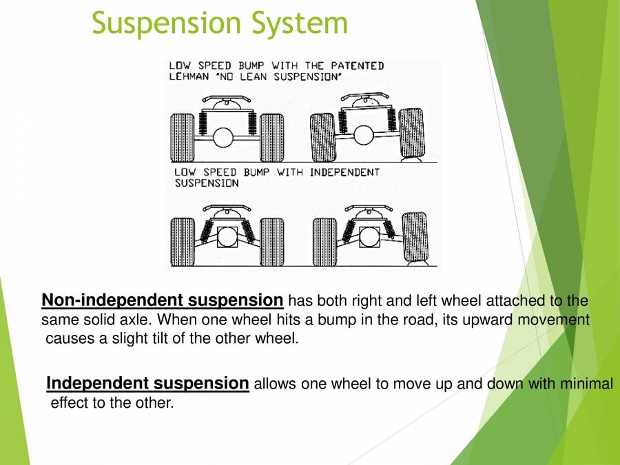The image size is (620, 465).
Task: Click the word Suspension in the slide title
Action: pyautogui.click(x=167, y=23)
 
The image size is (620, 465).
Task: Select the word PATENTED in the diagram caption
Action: pyautogui.click(x=354, y=66)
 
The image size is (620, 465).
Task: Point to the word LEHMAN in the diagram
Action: pyautogui.click(x=189, y=77)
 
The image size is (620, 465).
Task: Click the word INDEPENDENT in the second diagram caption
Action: pyautogui.click(x=344, y=172)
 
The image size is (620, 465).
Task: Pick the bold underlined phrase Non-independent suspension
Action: pyautogui.click(x=163, y=300)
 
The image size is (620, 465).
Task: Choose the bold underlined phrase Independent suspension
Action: pyautogui.click(x=147, y=384)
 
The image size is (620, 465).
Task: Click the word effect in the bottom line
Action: pyautogui.click(x=70, y=403)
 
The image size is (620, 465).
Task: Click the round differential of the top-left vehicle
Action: pyautogui.click(x=223, y=137)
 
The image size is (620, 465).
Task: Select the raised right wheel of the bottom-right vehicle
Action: pyautogui.click(x=414, y=234)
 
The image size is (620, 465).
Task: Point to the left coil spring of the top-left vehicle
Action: pyautogui.click(x=205, y=123)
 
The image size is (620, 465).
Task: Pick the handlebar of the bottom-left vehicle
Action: pyautogui.click(x=227, y=207)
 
